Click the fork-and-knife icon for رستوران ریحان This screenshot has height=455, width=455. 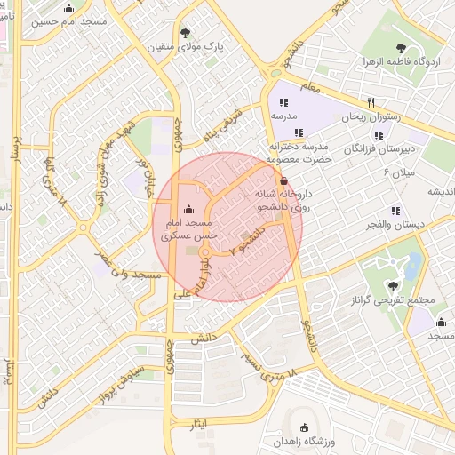(372, 102)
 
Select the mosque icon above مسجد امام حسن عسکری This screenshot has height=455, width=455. (198, 210)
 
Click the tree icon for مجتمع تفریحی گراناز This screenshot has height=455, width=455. (393, 285)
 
